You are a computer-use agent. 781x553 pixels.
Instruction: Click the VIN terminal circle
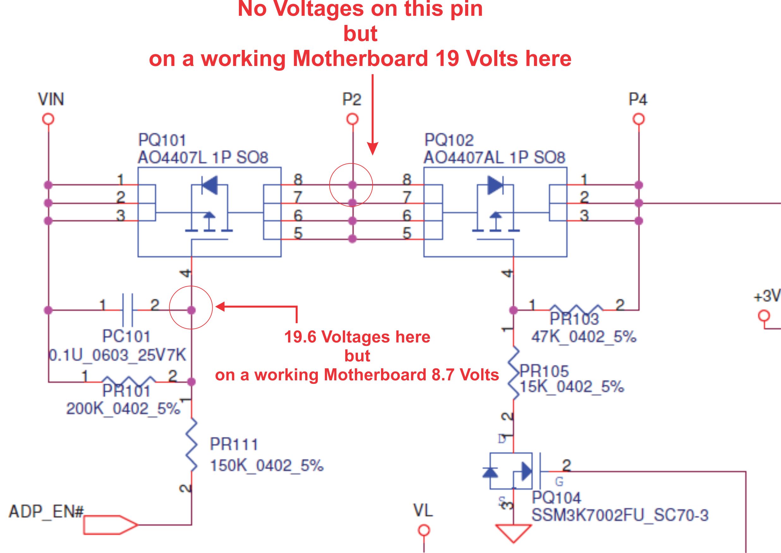48,120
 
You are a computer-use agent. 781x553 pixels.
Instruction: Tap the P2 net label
352,99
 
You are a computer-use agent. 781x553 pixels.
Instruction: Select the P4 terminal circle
639,120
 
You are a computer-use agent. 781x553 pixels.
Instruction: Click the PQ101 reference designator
162,140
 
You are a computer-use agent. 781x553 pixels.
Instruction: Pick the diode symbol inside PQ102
495,185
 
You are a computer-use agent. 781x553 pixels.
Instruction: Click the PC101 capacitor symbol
127,310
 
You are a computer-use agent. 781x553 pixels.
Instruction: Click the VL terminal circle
424,531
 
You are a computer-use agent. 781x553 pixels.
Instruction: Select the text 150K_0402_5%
267,466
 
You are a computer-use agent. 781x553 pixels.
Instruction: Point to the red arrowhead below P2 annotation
373,148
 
